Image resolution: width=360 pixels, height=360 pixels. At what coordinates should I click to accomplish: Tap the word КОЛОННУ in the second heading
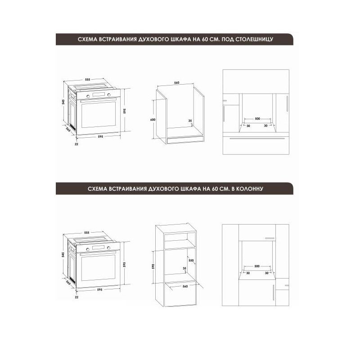point(250,189)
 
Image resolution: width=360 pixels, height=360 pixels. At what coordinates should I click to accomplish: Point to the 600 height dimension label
point(153,120)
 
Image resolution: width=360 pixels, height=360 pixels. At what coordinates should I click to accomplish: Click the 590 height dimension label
point(153,266)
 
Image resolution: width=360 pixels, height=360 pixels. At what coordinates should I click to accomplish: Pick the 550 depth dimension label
point(191,261)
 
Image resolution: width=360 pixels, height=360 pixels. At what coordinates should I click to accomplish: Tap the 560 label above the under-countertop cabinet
point(176,83)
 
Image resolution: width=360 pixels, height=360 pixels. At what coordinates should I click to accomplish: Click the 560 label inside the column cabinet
point(185,286)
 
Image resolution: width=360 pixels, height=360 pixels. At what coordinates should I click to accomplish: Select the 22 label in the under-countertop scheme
point(76,144)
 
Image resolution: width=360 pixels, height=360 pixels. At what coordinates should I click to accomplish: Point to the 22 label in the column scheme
point(76,297)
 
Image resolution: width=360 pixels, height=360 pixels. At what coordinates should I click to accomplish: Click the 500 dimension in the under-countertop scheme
point(257,119)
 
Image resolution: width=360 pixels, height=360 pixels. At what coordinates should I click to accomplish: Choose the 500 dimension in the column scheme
point(257,266)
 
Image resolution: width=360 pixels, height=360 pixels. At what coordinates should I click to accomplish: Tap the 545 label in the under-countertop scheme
point(63,102)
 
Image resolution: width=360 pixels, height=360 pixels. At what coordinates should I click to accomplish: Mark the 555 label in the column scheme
point(86,233)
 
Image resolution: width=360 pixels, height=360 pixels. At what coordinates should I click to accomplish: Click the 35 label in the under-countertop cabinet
point(190,121)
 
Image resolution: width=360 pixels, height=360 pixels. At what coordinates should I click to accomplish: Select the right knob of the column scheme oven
point(108,248)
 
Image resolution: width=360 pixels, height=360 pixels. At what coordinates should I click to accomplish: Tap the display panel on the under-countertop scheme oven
point(99,95)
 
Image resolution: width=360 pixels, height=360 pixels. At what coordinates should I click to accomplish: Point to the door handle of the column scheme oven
point(98,253)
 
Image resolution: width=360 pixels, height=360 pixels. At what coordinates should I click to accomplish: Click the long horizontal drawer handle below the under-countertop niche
point(257,139)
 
